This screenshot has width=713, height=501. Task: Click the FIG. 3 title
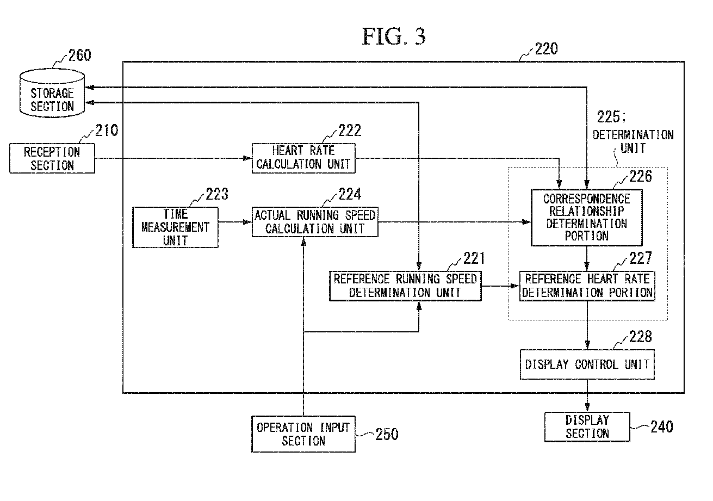pyautogui.click(x=394, y=36)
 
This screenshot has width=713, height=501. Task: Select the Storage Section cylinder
pyautogui.click(x=52, y=93)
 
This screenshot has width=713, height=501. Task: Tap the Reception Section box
pyautogui.click(x=52, y=158)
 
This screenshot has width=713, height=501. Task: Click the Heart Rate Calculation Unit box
pyautogui.click(x=303, y=158)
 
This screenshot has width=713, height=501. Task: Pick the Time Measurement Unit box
pyautogui.click(x=175, y=227)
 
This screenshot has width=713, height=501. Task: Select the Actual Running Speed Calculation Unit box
pyautogui.click(x=315, y=222)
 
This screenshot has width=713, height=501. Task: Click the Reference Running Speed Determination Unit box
pyautogui.click(x=405, y=286)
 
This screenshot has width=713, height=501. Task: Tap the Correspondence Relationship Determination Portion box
pyautogui.click(x=587, y=218)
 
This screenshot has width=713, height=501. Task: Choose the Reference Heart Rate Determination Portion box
pyautogui.click(x=587, y=286)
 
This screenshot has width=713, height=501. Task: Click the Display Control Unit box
pyautogui.click(x=587, y=364)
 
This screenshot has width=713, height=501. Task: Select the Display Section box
pyautogui.click(x=587, y=427)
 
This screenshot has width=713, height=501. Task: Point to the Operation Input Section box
pyautogui.click(x=303, y=434)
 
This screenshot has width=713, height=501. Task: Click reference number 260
pyautogui.click(x=80, y=55)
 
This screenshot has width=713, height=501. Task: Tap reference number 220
pyautogui.click(x=546, y=49)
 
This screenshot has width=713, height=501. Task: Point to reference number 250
pyautogui.click(x=387, y=434)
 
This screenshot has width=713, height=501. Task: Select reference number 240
pyautogui.click(x=662, y=427)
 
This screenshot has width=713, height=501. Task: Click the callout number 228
pyautogui.click(x=641, y=336)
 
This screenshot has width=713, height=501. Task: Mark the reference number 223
pyautogui.click(x=217, y=194)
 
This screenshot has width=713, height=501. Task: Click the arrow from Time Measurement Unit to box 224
pyautogui.click(x=235, y=222)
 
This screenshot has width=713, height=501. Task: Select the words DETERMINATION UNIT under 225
pyautogui.click(x=633, y=141)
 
